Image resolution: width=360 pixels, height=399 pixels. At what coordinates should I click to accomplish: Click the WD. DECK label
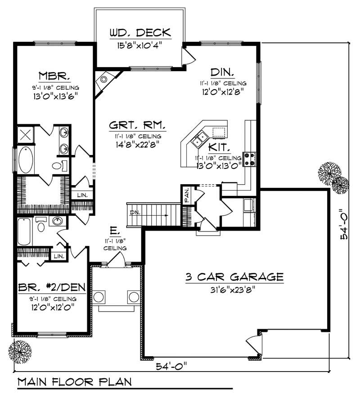pos(140,33)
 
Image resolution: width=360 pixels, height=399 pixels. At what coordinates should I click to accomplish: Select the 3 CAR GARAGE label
pos(234,277)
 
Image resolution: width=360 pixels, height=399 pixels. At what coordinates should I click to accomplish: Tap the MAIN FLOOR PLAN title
pos(75,382)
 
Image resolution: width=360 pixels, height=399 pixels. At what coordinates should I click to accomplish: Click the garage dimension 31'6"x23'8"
pos(234,290)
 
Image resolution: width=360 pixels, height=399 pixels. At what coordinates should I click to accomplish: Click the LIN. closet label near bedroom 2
pos(58,255)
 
